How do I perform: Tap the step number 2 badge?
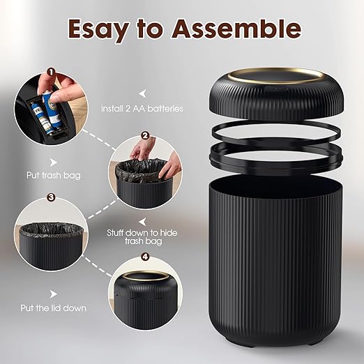145,135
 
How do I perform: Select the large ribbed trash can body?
275,258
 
